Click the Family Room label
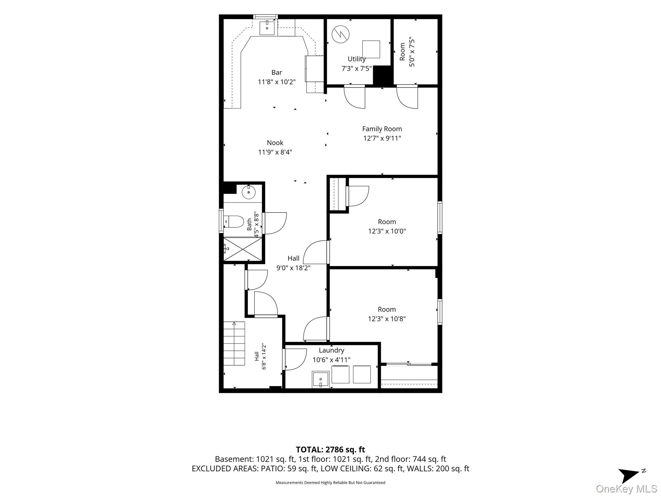coord(382,129)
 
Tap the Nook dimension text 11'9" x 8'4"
coord(275,152)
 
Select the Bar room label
coord(277,73)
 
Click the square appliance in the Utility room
coord(371,49)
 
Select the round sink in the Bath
coord(249,193)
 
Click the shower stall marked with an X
coord(243,249)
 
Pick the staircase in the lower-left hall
coord(234,343)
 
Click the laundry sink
coord(320,379)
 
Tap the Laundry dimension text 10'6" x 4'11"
coord(331,360)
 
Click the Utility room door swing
coord(354,97)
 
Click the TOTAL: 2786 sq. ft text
coord(330,449)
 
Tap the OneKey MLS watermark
coord(626,489)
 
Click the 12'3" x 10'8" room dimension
coord(387,319)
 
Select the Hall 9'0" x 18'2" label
coord(293,263)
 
